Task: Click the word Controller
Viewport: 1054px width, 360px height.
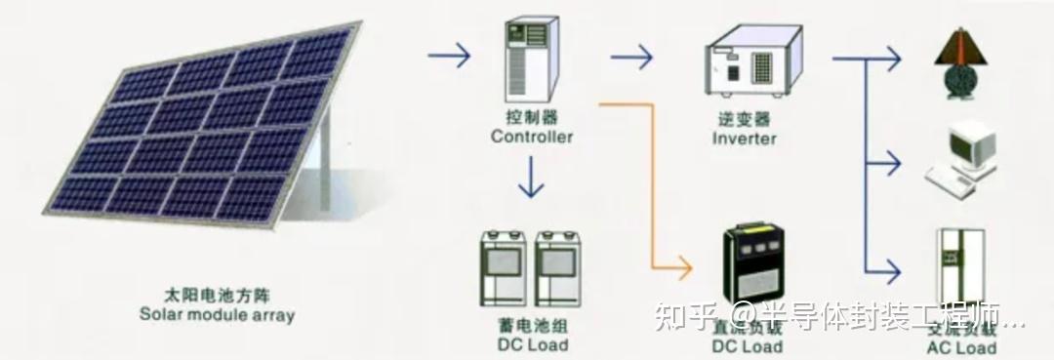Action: coord(532,138)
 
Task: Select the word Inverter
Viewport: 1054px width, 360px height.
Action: coord(745,139)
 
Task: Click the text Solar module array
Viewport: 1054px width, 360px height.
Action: coord(217,315)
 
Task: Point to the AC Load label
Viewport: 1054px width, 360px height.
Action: coord(961,348)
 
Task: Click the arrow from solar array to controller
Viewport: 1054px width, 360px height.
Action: coord(449,56)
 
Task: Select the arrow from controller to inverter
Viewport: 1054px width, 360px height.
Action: coord(631,57)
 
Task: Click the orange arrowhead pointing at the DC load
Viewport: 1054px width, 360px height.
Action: coord(684,265)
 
